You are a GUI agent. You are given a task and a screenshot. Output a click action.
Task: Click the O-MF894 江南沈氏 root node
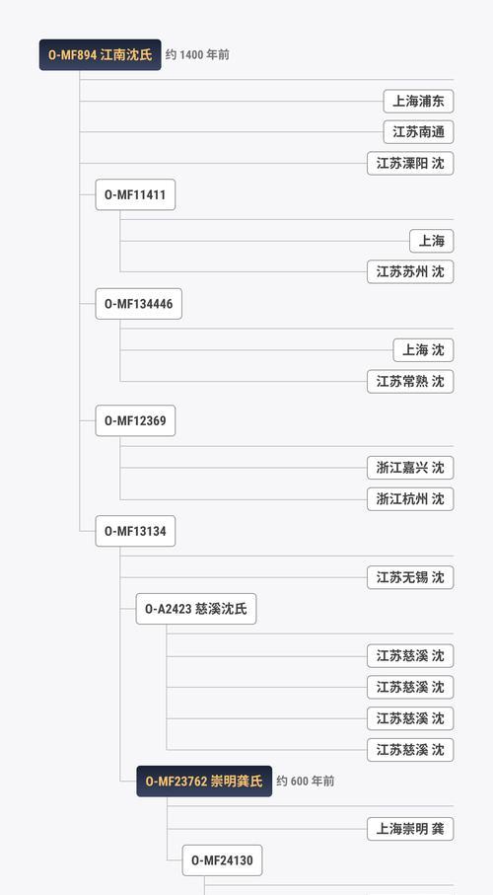point(101,55)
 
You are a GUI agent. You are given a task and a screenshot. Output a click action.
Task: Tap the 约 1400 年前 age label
point(197,55)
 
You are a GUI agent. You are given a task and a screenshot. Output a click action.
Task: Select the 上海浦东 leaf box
point(418,102)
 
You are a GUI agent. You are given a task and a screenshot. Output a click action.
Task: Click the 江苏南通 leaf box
point(418,132)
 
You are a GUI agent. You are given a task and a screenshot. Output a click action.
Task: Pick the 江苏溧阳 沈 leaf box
point(410,163)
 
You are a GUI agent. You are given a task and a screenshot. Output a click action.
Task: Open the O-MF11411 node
point(135,194)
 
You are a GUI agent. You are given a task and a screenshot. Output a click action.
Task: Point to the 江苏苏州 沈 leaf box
point(410,271)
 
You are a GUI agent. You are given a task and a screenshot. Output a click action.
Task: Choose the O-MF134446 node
point(139,304)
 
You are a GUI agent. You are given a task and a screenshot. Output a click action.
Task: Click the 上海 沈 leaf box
point(423,350)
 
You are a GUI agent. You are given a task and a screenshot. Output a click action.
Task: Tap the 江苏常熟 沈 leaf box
point(410,381)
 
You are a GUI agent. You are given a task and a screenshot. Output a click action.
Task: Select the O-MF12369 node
point(135,420)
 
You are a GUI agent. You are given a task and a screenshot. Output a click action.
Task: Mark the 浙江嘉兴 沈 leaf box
point(410,468)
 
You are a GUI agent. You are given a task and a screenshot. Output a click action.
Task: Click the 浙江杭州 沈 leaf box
point(410,499)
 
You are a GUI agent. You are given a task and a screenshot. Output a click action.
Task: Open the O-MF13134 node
point(135,531)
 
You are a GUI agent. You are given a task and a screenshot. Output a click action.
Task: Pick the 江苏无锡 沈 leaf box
point(410,577)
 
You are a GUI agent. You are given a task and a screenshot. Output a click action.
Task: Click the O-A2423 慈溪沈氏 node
point(196,609)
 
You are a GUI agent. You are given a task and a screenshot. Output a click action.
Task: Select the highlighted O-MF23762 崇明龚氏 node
point(204,781)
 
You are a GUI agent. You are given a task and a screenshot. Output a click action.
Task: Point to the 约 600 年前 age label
point(306,781)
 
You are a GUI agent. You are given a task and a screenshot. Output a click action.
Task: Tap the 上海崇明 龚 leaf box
point(410,829)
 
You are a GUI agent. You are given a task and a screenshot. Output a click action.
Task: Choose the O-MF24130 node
point(223,860)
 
